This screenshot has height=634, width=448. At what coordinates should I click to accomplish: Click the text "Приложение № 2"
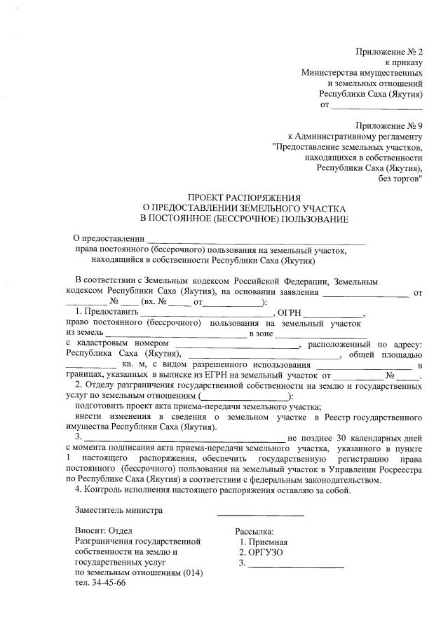(390, 52)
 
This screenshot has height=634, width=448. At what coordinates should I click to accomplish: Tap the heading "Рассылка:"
(254, 531)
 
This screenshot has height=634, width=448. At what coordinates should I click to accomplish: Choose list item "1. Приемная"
(264, 542)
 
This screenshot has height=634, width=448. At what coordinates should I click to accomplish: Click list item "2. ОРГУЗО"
(261, 552)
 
